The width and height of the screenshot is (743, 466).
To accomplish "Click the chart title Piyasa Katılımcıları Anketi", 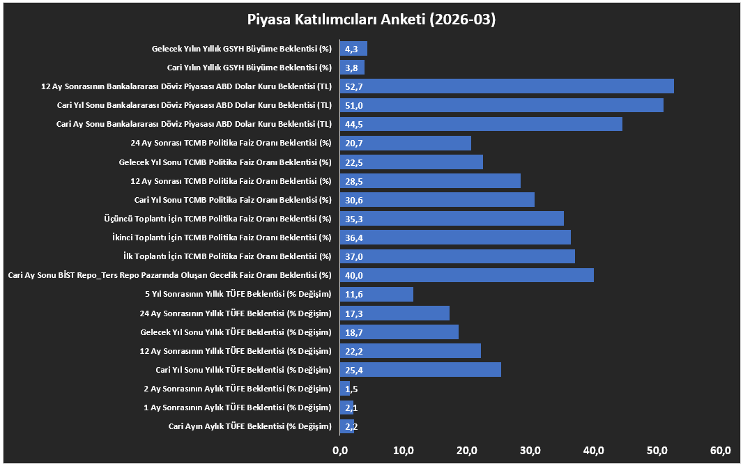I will coord(371,20).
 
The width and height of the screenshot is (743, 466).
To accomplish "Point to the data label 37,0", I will coord(354,256).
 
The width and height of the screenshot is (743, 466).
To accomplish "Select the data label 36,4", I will coord(354,238).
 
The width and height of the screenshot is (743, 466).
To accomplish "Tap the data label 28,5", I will coord(354,181).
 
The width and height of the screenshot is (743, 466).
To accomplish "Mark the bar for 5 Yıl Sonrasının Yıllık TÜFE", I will coord(376,294).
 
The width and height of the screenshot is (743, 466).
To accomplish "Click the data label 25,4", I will coord(354,370).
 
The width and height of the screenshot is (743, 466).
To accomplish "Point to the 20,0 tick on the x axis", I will coord(467,451).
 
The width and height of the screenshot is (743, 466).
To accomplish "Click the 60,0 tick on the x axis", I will coord(721,451).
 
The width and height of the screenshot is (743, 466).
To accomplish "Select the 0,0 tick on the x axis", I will coord(340,451).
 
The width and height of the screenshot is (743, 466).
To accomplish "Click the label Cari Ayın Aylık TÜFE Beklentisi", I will coord(250,426).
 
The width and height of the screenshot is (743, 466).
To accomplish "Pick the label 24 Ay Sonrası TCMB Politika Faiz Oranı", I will coord(231,143).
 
